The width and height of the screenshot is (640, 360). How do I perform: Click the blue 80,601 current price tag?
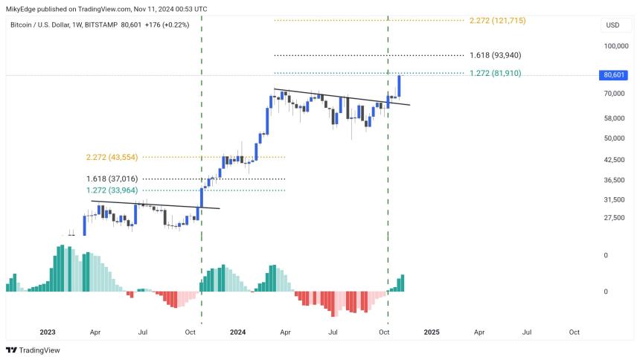tap(613, 75)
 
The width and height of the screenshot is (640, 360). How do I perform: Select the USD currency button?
tap(612, 25)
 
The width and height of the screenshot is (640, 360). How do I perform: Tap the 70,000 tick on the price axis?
tap(614, 94)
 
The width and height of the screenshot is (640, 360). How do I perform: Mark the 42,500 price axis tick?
tap(614, 159)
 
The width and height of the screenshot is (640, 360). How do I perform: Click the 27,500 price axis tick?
tap(614, 217)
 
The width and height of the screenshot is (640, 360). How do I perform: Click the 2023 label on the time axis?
tap(48, 332)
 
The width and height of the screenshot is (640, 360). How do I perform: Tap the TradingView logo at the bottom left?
tap(33, 350)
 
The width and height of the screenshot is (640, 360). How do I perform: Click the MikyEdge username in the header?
tap(21, 8)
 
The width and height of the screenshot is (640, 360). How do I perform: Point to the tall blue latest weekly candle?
tap(400, 86)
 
